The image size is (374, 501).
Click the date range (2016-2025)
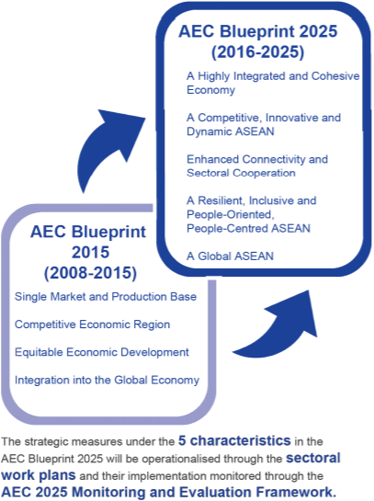coord(257,52)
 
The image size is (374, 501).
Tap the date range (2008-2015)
coord(90,273)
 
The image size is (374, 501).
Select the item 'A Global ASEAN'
coord(230,256)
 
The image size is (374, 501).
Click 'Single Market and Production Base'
coord(106,297)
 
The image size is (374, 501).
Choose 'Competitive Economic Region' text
coord(92,325)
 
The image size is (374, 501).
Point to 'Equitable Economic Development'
coord(102,352)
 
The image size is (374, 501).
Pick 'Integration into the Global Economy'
coord(107,380)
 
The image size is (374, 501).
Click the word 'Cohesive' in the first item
coord(335,76)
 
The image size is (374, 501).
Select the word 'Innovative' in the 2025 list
coord(292,118)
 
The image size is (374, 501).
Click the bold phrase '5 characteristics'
coord(234,440)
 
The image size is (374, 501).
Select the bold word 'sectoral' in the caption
coord(313,458)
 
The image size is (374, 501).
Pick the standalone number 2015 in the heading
coord(90,252)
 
